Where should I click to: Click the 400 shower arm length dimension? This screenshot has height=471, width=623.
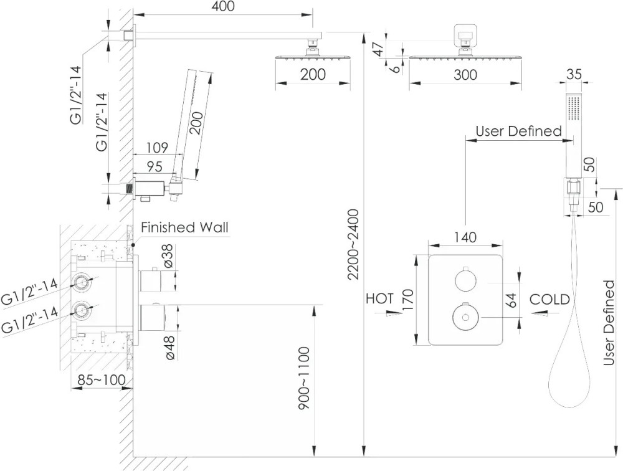[x=224, y=7]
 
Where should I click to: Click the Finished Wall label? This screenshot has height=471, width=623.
[x=185, y=227]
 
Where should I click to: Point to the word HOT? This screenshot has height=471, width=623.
[x=379, y=298]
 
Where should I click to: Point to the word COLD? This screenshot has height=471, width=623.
[x=549, y=299]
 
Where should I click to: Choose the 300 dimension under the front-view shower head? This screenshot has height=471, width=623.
[x=464, y=75]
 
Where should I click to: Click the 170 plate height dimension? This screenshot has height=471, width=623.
[x=408, y=300]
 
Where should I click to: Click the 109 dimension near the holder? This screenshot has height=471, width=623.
[x=156, y=148]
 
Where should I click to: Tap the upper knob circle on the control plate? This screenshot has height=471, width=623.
[x=464, y=280]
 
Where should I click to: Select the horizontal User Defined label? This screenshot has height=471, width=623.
[x=518, y=131]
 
